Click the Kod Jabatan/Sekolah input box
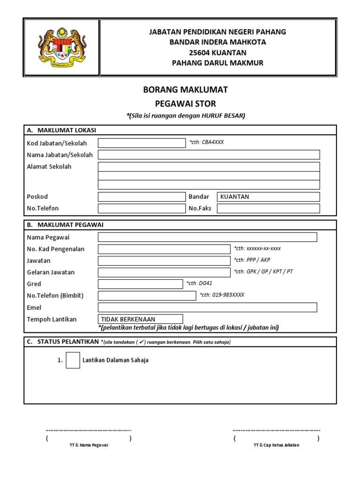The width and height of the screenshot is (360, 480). pos(142,143)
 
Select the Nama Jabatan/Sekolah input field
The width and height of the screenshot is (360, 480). pos(209,155)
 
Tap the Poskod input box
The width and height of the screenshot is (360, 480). pos(142,196)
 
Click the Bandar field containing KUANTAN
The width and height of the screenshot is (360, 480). pos(268,196)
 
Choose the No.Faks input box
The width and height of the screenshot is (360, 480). pos(268,208)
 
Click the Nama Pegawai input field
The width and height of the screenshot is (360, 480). pos(207,237)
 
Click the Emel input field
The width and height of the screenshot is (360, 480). pos(207,307)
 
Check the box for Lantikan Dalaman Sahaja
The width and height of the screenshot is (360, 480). pos(73,360)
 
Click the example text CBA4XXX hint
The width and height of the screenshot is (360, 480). pos(207,142)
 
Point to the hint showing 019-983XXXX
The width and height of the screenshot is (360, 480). pos(222,295)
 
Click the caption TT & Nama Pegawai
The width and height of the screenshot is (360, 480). pos(89,445)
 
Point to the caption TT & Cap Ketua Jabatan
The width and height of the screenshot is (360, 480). pos(276,445)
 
